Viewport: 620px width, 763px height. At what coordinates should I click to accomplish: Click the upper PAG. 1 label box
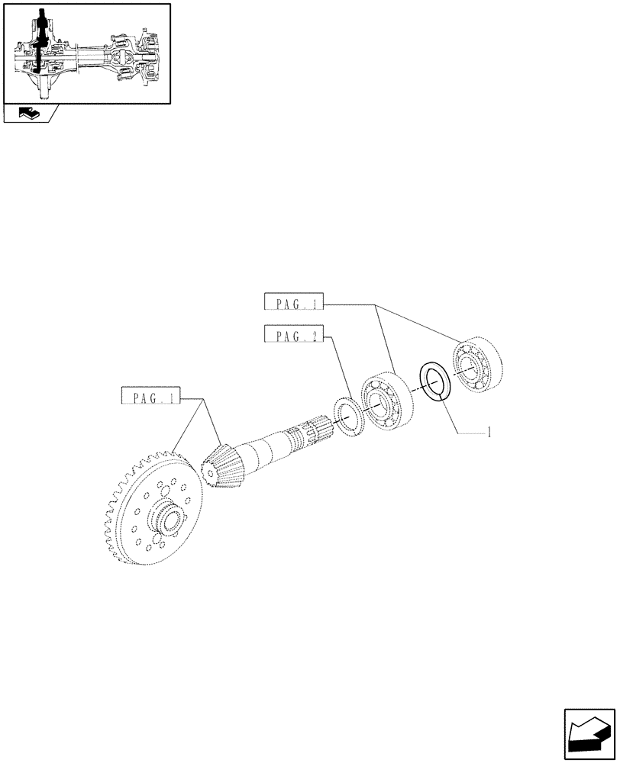pos(293,304)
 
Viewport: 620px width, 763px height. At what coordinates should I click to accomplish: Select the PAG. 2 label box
pos(293,335)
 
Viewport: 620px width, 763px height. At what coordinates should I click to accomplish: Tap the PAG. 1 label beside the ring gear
pos(150,398)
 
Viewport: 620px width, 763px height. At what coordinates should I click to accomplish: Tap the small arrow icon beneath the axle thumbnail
pos(31,114)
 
